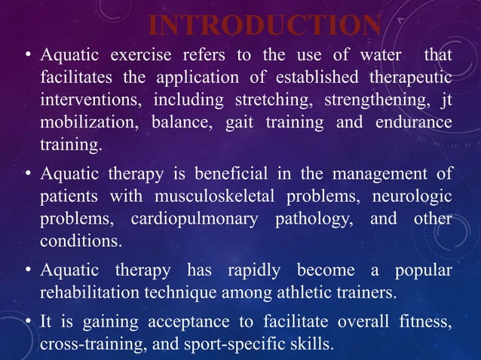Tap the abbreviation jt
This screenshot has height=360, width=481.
[446, 100]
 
